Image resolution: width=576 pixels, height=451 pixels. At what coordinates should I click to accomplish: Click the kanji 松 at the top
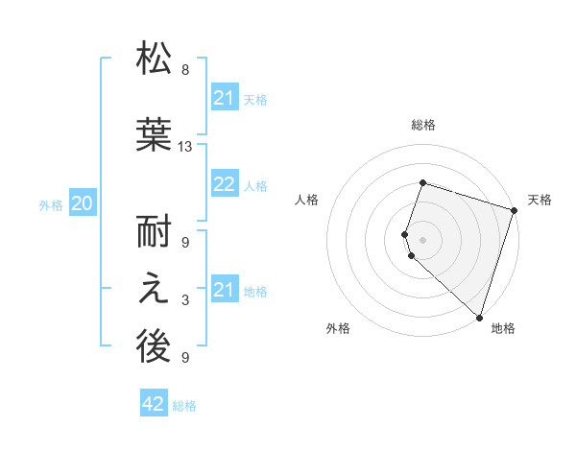coord(154,59)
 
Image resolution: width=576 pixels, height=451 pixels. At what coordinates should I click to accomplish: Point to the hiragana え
coord(154,291)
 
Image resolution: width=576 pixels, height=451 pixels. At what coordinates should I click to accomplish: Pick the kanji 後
coord(154,348)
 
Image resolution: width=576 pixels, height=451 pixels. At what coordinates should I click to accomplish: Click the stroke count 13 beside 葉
coord(185,146)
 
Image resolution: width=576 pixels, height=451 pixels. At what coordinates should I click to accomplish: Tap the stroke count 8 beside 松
coord(185,69)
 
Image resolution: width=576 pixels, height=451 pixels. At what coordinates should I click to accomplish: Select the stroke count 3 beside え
coord(185,301)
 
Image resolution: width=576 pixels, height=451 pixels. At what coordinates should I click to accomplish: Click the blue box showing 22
coord(225,184)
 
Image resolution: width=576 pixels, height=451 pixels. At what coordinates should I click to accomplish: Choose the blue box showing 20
coord(83,202)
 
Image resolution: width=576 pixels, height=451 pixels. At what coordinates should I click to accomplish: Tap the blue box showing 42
coord(154,404)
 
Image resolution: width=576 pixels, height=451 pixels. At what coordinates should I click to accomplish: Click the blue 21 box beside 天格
coord(225,98)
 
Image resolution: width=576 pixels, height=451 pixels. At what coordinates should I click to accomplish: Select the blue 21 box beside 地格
coord(225,290)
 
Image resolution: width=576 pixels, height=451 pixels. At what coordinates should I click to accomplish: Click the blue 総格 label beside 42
coord(184,406)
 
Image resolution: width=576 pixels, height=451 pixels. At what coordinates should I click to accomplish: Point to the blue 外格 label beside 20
coord(51,204)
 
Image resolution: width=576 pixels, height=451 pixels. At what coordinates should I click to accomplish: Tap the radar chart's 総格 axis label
coord(422,125)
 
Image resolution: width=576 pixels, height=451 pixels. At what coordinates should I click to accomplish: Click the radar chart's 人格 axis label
coord(307,200)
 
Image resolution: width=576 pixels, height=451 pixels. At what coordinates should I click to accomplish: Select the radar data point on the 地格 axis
coord(479,317)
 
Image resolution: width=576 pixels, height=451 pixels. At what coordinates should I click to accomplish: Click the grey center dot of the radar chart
coord(422,239)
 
